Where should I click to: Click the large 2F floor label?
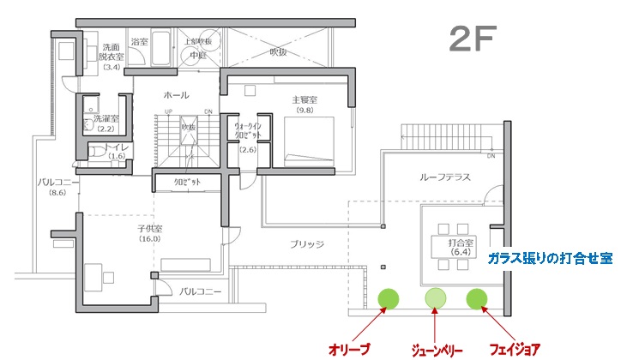click(x=471, y=39)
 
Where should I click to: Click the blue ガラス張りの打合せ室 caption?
click(x=549, y=257)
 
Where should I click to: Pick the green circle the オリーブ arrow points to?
click(x=389, y=298)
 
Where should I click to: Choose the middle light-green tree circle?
click(x=437, y=298)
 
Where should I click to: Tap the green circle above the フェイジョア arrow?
click(x=477, y=298)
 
